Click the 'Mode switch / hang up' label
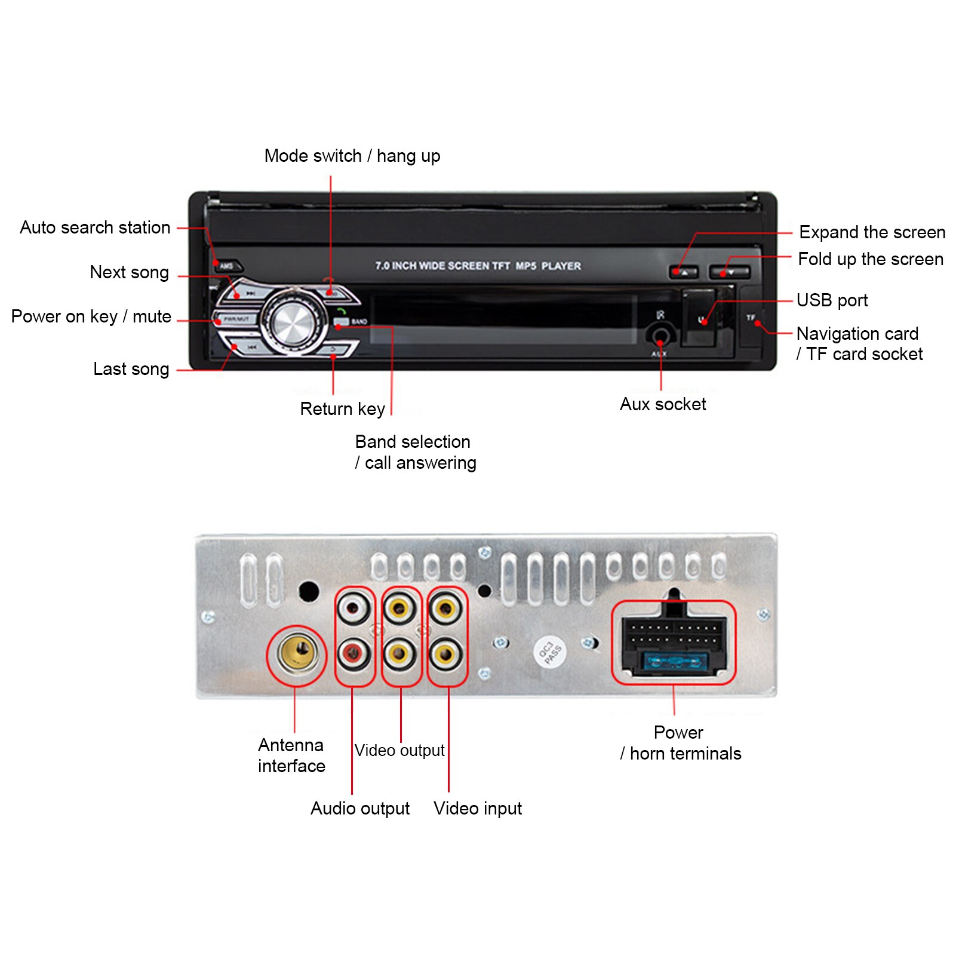tap(352, 156)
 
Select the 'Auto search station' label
tap(95, 228)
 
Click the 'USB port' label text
tap(832, 300)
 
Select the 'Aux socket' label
tap(663, 404)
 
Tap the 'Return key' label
tap(342, 409)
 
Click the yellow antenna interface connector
tap(297, 653)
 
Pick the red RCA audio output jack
tap(353, 654)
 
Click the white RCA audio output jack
tap(353, 609)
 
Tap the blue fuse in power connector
tap(674, 662)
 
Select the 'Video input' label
tap(478, 809)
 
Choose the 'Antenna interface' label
tap(291, 755)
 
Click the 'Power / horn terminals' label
tap(680, 743)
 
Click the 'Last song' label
tap(131, 369)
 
